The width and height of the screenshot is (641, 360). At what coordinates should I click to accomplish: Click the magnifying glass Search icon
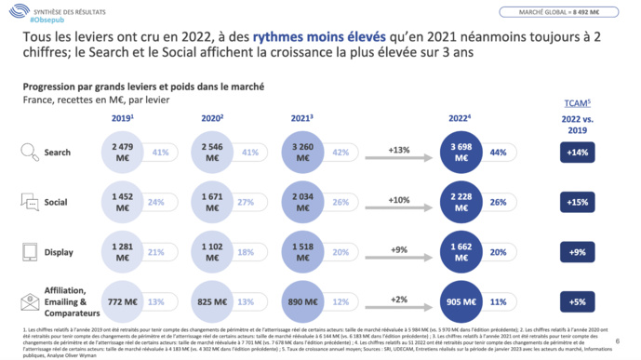(30, 153)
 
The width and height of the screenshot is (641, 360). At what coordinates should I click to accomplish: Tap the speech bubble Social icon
(30, 201)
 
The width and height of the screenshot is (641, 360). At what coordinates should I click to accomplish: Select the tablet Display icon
(30, 251)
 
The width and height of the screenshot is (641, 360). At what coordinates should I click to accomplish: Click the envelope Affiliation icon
(30, 300)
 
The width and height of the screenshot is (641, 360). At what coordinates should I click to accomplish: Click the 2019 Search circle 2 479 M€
(121, 153)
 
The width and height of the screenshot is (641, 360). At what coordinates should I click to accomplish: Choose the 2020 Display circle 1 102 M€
(213, 251)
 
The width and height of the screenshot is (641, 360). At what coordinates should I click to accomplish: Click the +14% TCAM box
(577, 153)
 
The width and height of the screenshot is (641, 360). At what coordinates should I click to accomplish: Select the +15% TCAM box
(577, 202)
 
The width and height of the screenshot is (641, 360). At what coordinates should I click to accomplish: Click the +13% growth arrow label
(400, 149)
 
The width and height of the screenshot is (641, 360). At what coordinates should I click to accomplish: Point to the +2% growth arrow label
(400, 298)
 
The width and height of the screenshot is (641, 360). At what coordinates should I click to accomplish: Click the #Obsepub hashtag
(47, 20)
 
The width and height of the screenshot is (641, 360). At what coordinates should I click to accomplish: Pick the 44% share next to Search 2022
(525, 153)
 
